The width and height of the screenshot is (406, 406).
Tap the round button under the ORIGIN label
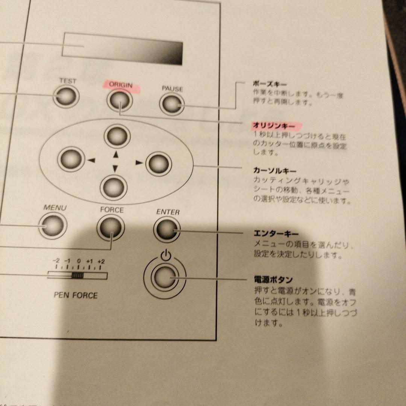pyautogui.click(x=119, y=100)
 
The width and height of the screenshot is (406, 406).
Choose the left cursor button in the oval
pyautogui.click(x=70, y=159)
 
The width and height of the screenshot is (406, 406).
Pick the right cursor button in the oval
pyautogui.click(x=158, y=164)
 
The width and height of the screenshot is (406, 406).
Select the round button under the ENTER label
pyautogui.click(x=167, y=229)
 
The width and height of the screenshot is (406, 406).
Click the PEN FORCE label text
pyautogui.click(x=75, y=295)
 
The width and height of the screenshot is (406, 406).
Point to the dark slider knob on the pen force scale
pyautogui.click(x=77, y=276)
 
